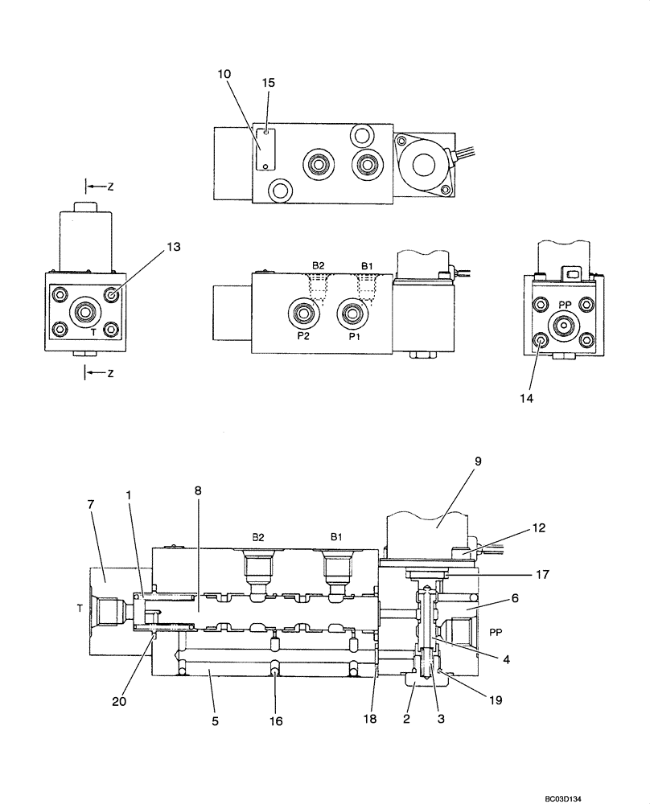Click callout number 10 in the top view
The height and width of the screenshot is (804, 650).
click(224, 74)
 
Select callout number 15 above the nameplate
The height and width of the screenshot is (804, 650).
click(268, 83)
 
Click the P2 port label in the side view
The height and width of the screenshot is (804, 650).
click(303, 338)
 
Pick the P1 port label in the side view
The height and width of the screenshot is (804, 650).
click(353, 338)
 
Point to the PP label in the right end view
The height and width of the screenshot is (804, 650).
click(565, 305)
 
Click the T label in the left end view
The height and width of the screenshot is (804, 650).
click(93, 330)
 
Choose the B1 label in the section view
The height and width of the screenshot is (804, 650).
click(335, 535)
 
